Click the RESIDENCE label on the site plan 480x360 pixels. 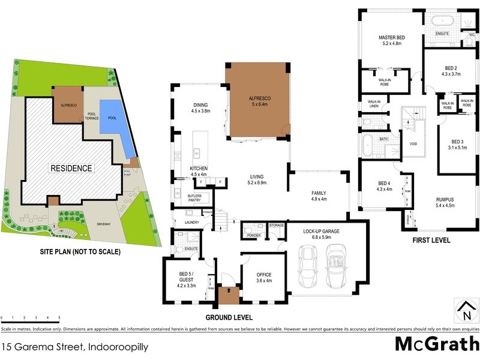[71, 168]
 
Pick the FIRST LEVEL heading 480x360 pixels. [430, 240]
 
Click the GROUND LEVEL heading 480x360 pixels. [229, 317]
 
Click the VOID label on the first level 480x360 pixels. [413, 144]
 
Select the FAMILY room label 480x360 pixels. [318, 193]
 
